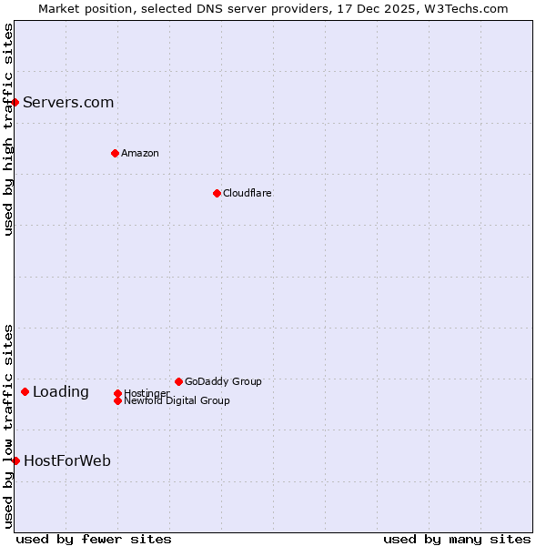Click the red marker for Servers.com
click(15, 102)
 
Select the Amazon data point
click(115, 153)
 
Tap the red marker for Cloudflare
click(217, 193)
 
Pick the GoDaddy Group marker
click(178, 381)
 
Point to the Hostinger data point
click(117, 393)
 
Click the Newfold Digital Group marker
click(117, 400)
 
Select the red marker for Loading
click(25, 392)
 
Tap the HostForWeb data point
click(15, 460)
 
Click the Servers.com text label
click(68, 102)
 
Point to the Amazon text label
click(139, 153)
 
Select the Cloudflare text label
click(247, 193)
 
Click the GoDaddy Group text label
click(223, 381)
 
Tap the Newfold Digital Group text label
click(177, 400)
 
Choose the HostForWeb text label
click(67, 460)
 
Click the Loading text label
click(61, 392)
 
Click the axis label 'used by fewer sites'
click(94, 539)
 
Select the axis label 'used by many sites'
click(457, 539)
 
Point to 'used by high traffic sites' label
click(8, 129)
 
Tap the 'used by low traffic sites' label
click(8, 426)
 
